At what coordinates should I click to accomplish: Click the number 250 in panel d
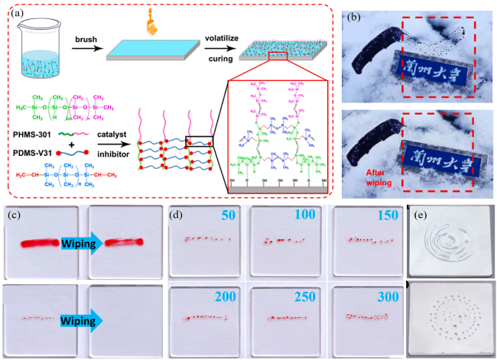click(x=306, y=293)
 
